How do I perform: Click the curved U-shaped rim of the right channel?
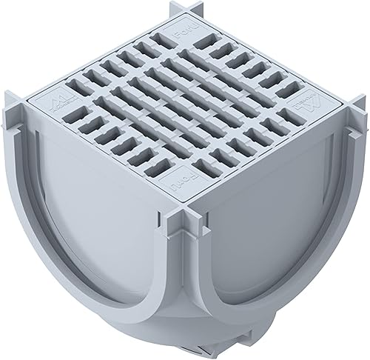click(252, 289)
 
